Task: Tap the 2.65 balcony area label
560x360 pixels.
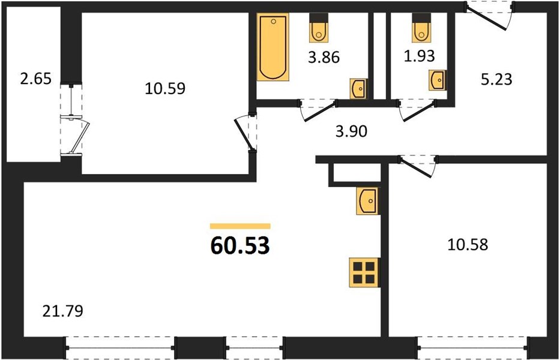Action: [x=36, y=79]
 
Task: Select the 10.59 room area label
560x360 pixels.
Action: [x=165, y=89]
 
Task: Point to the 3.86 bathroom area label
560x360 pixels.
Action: [x=324, y=58]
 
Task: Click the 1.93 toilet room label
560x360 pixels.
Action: [x=420, y=56]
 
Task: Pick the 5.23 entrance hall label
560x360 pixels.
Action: [x=496, y=80]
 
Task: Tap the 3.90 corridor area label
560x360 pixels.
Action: [x=352, y=132]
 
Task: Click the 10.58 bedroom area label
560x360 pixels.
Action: [x=468, y=245]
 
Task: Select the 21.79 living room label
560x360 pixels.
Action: [x=63, y=311]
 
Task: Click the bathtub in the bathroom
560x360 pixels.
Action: [x=273, y=47]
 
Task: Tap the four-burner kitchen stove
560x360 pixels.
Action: [x=364, y=272]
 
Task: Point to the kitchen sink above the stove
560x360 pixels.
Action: [x=367, y=201]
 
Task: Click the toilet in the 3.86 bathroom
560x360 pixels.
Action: [x=318, y=28]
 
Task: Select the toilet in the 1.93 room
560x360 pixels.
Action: [x=421, y=28]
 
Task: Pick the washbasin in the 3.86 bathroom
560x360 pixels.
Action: [x=358, y=89]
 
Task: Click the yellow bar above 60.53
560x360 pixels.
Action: [x=240, y=226]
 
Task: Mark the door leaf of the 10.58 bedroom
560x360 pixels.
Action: [x=416, y=167]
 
